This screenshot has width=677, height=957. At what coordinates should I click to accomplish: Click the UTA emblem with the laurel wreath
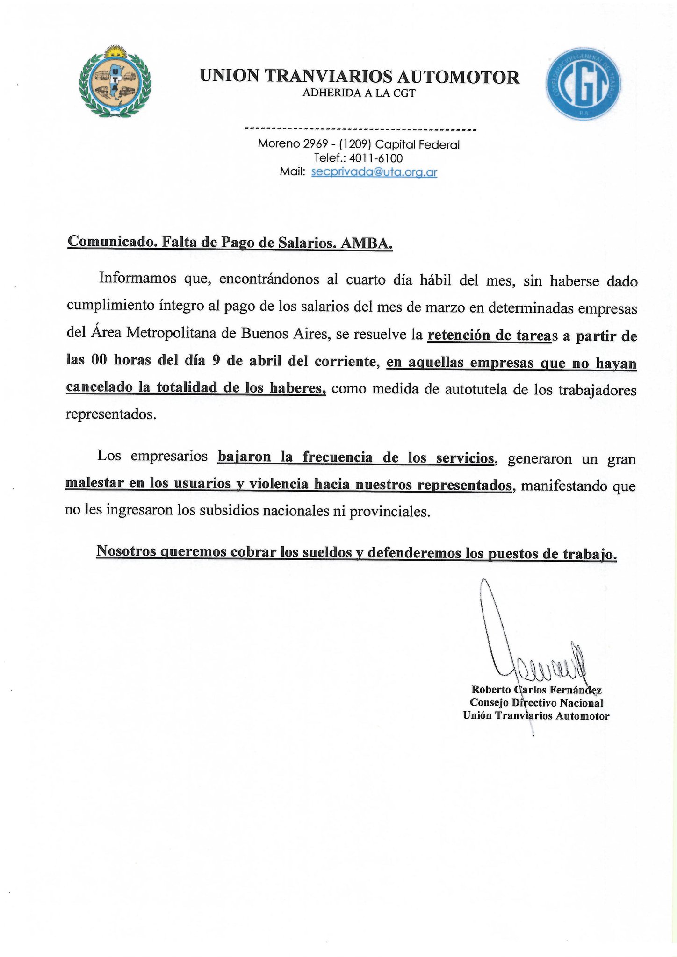coord(115,83)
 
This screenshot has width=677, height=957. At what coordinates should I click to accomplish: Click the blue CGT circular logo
coord(582,83)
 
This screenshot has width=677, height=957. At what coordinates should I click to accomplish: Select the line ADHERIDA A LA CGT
coord(359,93)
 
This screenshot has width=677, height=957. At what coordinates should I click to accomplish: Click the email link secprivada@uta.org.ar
coord(374,172)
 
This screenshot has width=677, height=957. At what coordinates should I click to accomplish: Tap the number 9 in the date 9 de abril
coord(216,362)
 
